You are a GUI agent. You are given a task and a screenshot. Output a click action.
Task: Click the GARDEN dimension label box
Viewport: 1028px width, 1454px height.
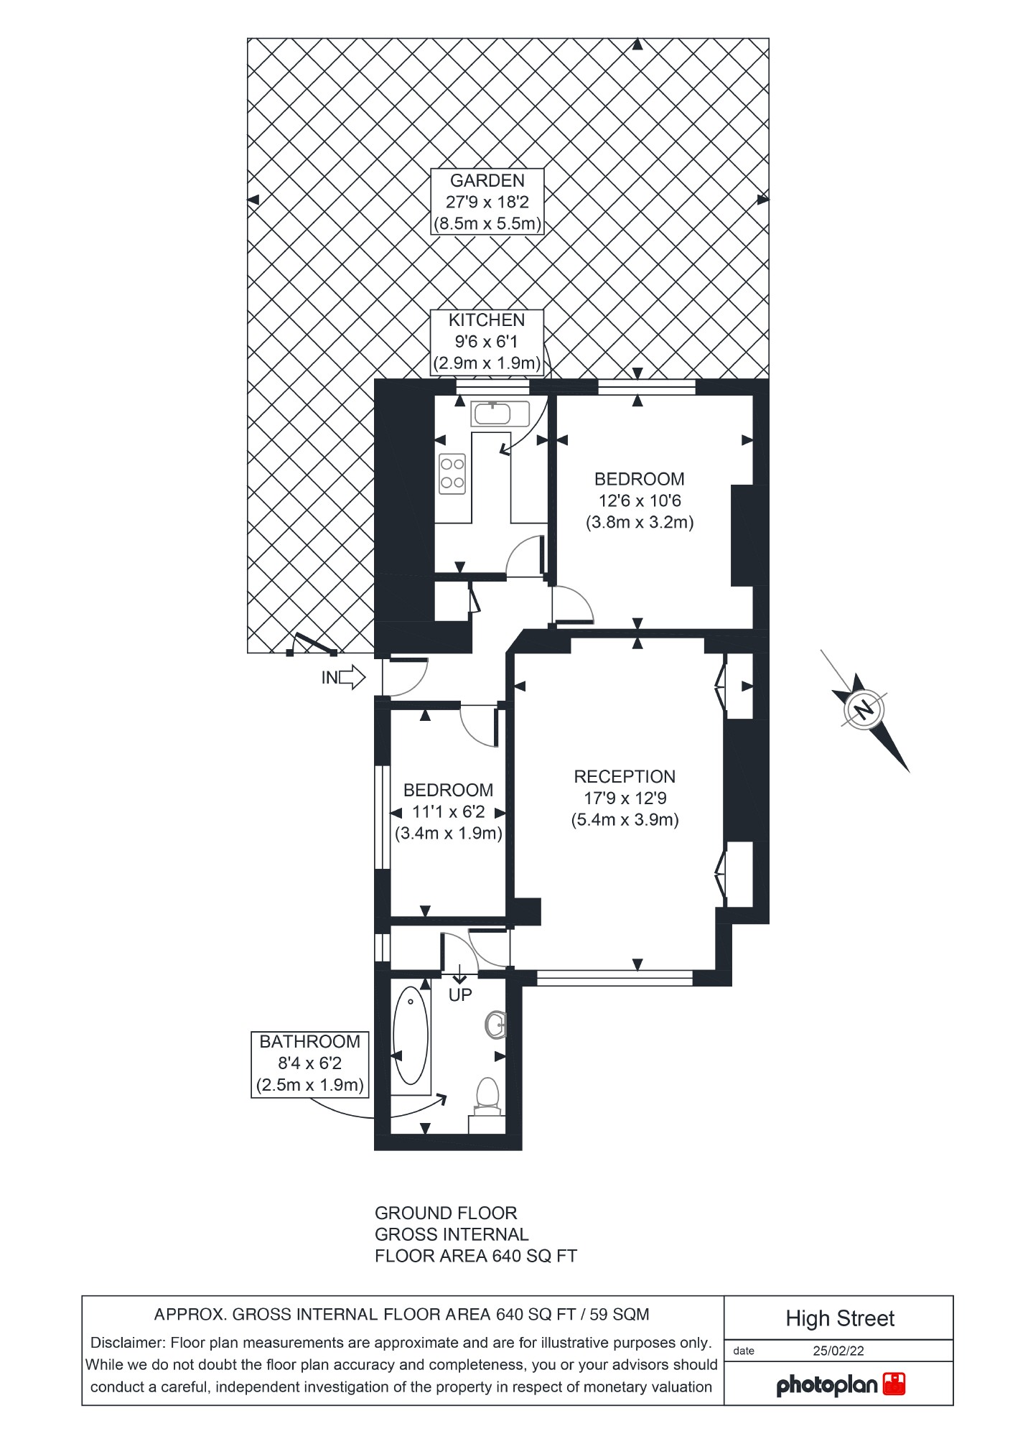pos(487,202)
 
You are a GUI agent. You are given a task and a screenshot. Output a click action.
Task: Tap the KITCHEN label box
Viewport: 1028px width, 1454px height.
pos(487,342)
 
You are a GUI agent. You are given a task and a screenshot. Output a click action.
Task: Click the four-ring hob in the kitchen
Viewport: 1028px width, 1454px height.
pos(452,474)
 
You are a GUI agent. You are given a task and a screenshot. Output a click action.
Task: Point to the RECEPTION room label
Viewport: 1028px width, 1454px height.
pos(625,798)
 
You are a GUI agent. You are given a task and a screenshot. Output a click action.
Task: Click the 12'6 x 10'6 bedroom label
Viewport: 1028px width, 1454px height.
pos(639,500)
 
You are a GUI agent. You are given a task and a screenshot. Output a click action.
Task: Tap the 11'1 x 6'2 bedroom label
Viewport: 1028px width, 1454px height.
pos(448,812)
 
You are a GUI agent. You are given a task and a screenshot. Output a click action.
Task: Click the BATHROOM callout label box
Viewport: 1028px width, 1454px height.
pos(310,1063)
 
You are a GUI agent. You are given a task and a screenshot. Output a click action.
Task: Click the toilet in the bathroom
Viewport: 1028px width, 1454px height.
pos(487,1096)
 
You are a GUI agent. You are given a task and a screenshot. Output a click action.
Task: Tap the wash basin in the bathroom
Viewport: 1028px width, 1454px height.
pos(496,1025)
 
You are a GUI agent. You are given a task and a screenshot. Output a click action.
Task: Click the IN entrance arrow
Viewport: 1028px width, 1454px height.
pos(351,677)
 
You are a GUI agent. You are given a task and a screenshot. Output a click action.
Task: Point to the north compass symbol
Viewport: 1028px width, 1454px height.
pos(865,709)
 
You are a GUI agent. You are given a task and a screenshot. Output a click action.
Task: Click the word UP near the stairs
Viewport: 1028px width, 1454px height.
pos(460,995)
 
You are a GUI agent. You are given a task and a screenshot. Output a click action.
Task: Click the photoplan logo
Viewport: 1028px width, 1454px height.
pos(840,1384)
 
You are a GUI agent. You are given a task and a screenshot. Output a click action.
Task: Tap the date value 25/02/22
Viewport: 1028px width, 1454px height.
pos(838,1351)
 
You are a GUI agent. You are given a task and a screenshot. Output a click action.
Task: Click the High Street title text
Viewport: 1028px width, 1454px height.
pos(839,1318)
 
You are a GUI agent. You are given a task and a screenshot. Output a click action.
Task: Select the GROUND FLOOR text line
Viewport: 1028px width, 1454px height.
pos(445,1213)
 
